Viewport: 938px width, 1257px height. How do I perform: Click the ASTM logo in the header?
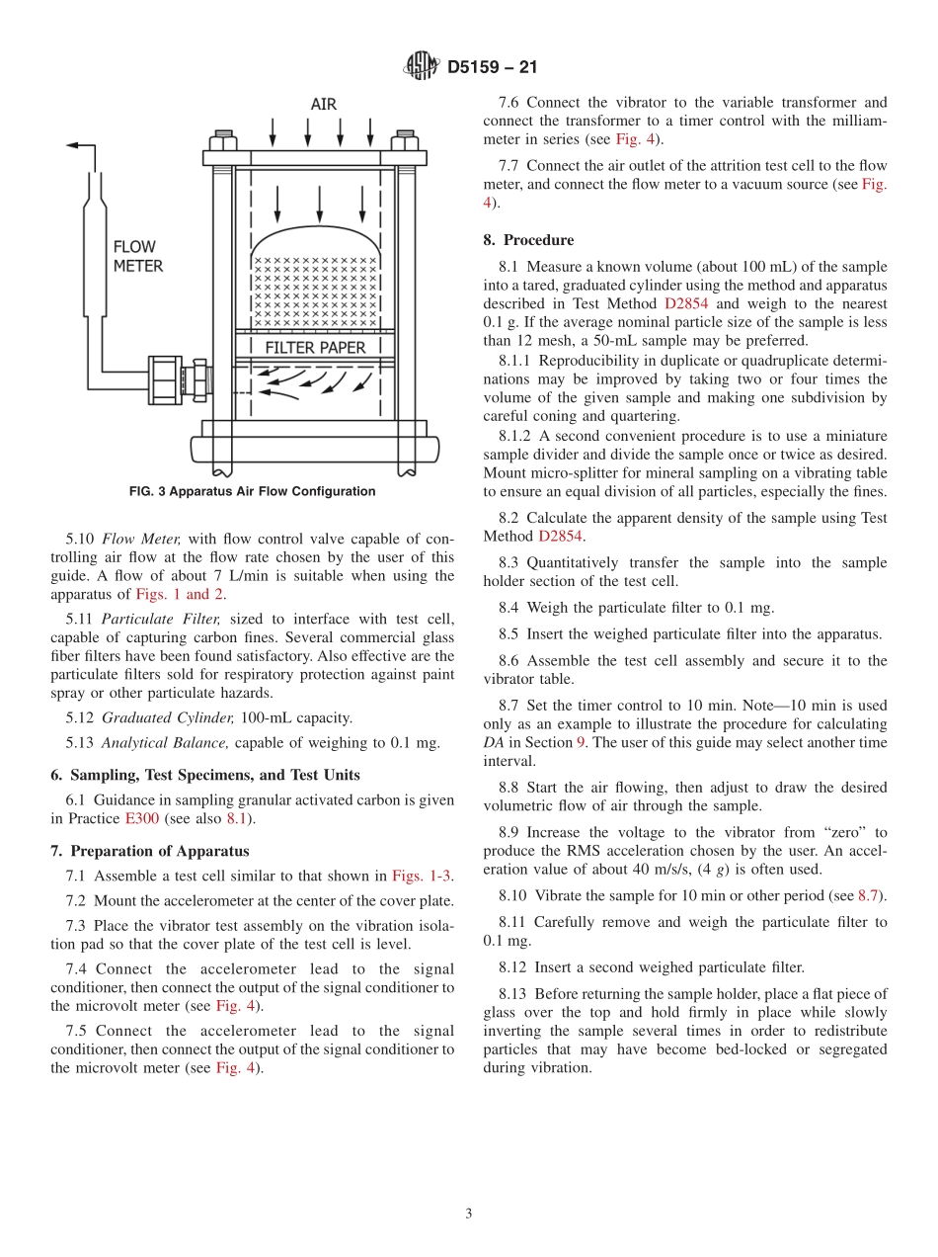[422, 66]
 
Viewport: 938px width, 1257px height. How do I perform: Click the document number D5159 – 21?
[492, 67]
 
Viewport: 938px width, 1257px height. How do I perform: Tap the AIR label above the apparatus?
[323, 105]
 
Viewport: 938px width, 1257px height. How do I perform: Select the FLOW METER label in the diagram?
[137, 256]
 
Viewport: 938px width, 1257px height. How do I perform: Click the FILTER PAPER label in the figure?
[315, 348]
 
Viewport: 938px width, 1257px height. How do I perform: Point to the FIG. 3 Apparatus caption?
[252, 491]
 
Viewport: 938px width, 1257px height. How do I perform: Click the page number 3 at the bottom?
[468, 1214]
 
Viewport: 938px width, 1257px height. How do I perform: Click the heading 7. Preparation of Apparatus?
[149, 851]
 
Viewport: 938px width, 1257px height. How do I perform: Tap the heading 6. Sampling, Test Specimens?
[205, 775]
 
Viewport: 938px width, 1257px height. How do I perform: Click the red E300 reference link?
[141, 819]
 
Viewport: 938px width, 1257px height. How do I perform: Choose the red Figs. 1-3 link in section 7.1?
[422, 876]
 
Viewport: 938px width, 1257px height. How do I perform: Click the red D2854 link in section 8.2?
[561, 537]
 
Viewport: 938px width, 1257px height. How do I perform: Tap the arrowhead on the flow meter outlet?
[72, 145]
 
